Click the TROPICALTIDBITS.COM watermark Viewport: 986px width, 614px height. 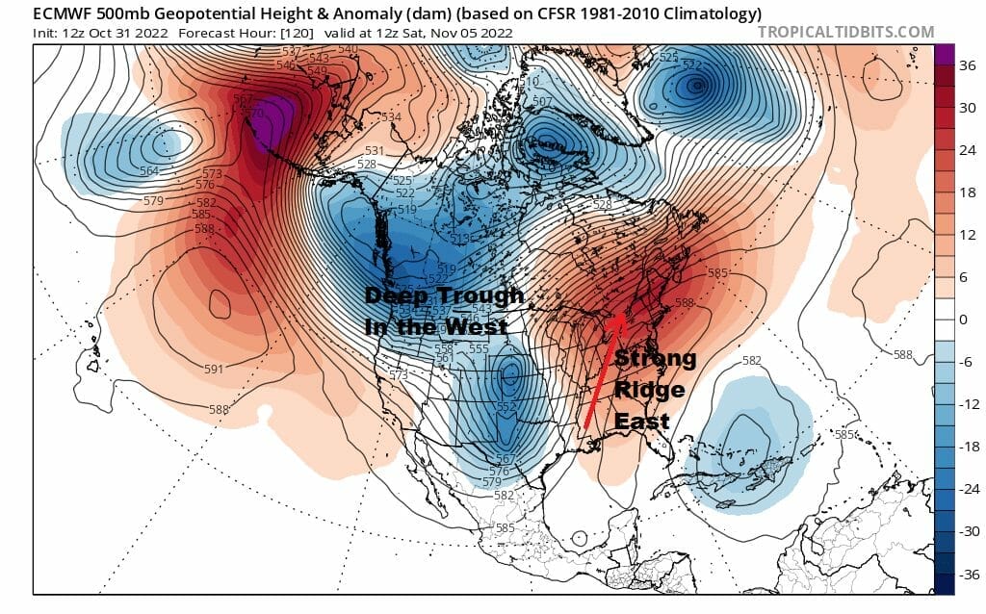coord(845,32)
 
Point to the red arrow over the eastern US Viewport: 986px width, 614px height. coord(601,371)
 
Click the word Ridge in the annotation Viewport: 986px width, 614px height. coord(649,390)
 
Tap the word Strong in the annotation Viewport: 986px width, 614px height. coord(655,359)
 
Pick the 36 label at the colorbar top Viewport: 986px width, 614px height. coord(970,65)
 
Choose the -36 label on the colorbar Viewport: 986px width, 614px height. coord(968,576)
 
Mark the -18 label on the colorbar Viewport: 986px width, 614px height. coord(968,448)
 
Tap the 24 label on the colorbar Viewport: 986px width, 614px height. coord(970,150)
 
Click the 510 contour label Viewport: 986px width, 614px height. coord(529,84)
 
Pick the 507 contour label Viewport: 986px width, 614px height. coord(542,101)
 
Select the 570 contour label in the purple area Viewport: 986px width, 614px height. coord(256,113)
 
